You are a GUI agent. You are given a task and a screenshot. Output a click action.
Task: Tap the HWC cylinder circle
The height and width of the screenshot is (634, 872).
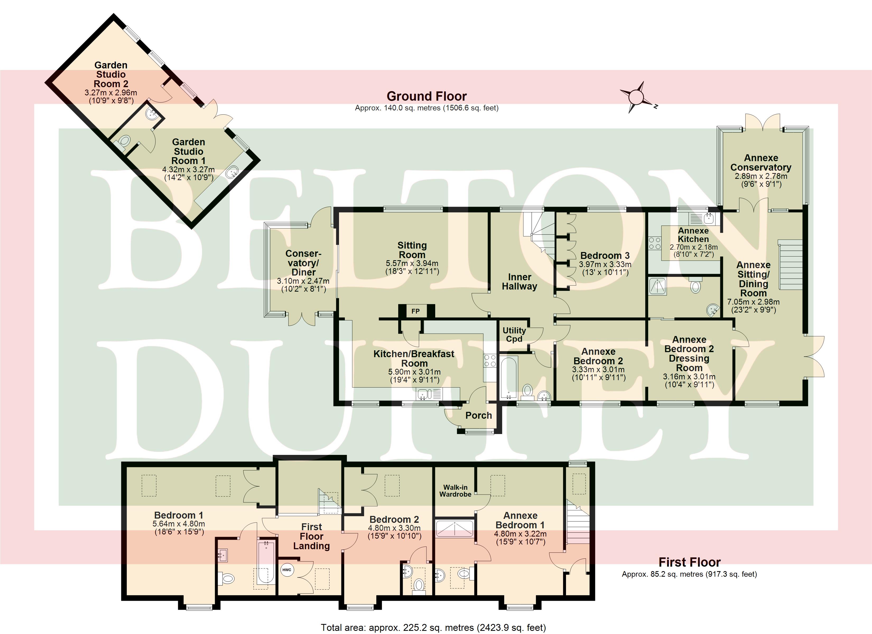click(x=287, y=570)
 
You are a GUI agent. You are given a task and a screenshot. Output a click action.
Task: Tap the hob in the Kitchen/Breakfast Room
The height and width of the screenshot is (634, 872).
click(x=490, y=361)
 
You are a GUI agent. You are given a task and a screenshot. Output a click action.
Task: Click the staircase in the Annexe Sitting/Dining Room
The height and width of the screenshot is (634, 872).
click(x=791, y=264)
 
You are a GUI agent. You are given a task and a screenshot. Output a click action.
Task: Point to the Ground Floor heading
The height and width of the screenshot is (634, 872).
click(x=426, y=96)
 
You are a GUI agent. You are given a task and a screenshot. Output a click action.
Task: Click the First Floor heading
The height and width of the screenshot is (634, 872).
click(x=689, y=562)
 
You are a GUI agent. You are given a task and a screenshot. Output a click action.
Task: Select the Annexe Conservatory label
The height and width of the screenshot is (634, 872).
click(x=760, y=163)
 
